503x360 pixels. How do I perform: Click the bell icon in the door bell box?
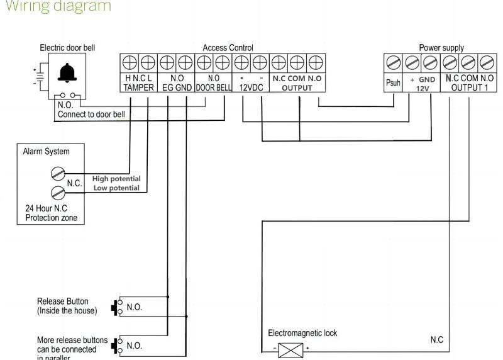tap(65, 74)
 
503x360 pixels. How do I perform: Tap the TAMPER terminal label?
tap(136, 88)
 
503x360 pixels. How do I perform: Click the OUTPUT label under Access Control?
tap(297, 88)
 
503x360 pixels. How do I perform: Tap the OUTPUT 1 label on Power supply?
tap(468, 88)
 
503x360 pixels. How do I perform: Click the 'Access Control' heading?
tap(228, 48)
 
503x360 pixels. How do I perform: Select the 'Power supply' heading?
tap(441, 48)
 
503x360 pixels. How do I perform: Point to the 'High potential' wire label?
tap(116, 179)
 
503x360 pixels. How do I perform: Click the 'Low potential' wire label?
tap(117, 188)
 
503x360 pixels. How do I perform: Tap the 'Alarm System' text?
tap(46, 152)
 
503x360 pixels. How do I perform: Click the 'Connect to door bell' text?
tap(91, 115)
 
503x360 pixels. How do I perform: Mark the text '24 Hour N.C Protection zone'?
tap(50, 213)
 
